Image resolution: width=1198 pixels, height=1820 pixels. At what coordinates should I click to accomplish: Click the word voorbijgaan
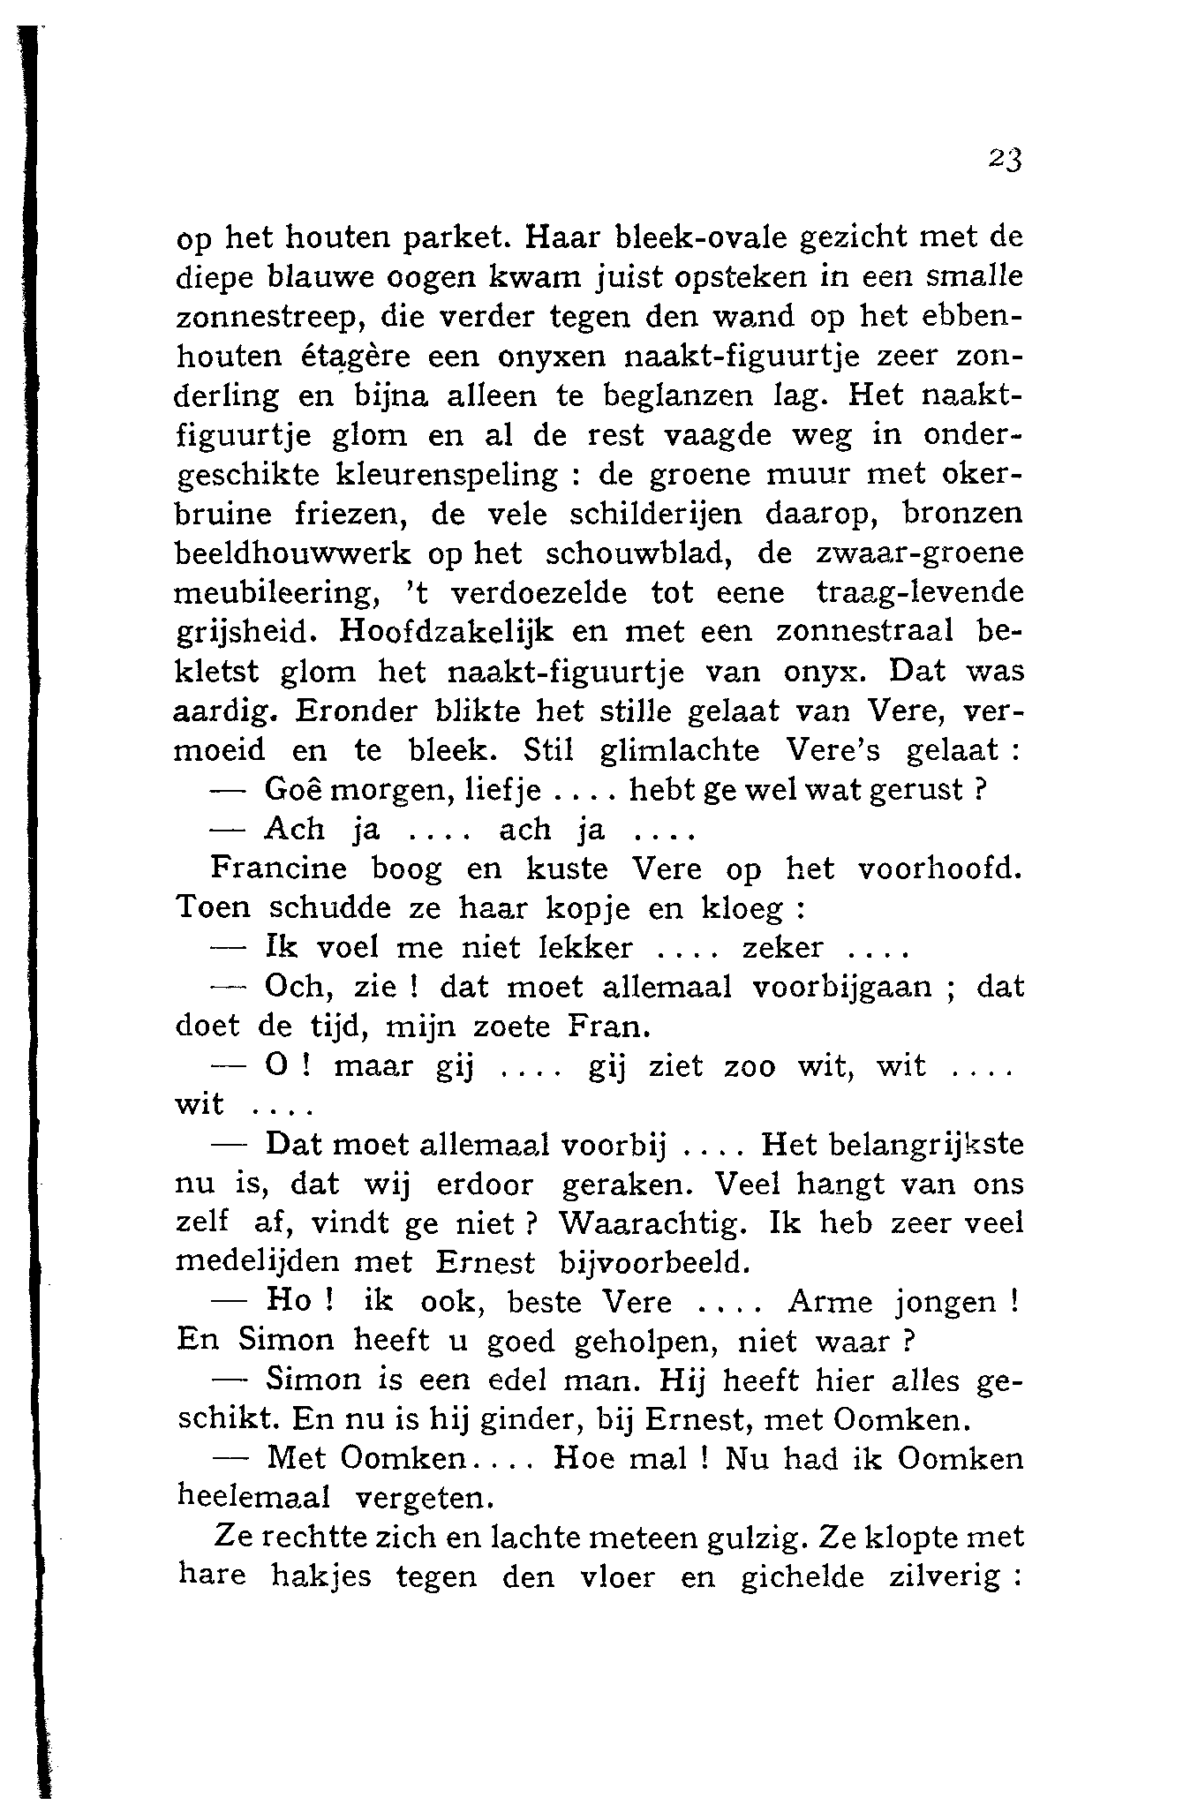[842, 987]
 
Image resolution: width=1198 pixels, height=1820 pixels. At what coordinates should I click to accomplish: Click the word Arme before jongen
[829, 1302]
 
